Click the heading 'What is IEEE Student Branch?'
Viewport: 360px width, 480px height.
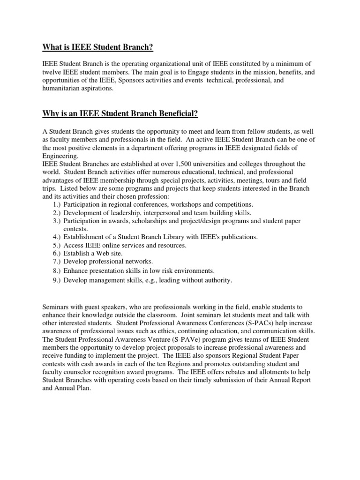click(98, 47)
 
